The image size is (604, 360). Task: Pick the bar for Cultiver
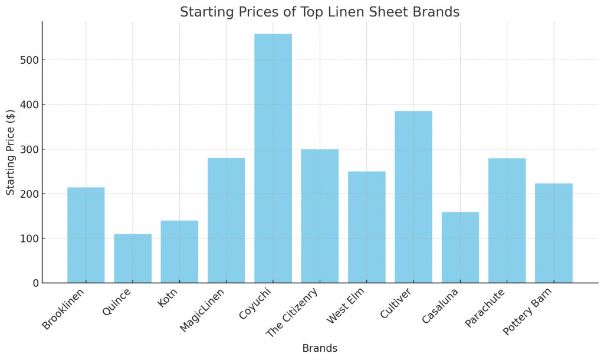pyautogui.click(x=413, y=197)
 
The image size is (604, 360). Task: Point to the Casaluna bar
pyautogui.click(x=460, y=247)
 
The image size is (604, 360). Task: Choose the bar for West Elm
pyautogui.click(x=366, y=227)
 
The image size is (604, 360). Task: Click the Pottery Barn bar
pyautogui.click(x=553, y=233)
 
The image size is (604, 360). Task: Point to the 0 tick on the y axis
pyautogui.click(x=35, y=283)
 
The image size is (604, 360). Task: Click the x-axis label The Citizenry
pyautogui.click(x=293, y=312)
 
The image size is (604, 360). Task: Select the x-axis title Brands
pyautogui.click(x=320, y=349)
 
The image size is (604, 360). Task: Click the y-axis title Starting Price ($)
pyautogui.click(x=11, y=152)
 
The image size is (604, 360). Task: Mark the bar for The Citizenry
pyautogui.click(x=320, y=216)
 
